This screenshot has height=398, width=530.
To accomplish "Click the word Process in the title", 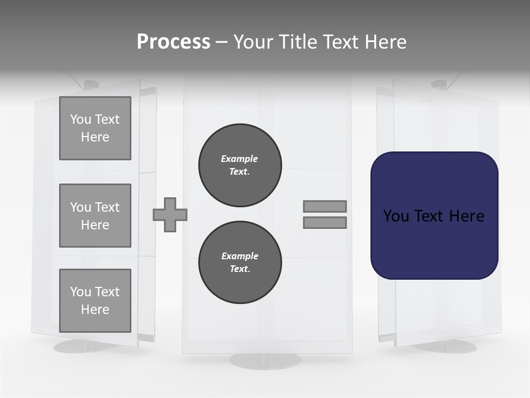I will (173, 42).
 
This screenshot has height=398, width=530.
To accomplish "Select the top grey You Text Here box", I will (95, 128).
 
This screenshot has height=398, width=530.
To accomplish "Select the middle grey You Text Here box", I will (95, 216).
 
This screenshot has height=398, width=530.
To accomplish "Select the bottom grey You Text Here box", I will (95, 301).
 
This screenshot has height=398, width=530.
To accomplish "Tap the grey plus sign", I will (170, 214).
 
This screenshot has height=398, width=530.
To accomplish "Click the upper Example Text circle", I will (240, 165).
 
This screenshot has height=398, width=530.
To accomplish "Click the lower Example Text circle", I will (240, 263).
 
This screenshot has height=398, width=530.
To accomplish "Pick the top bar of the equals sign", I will (325, 206).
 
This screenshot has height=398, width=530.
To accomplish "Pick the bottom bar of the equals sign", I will (325, 222).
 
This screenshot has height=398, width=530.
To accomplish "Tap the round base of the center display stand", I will (266, 360).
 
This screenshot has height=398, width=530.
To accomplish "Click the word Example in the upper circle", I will (239, 159).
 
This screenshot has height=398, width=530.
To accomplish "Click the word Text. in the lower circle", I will (240, 269).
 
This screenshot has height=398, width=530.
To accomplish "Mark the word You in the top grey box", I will (81, 119).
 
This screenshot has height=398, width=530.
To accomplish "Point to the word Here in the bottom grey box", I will (95, 310).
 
